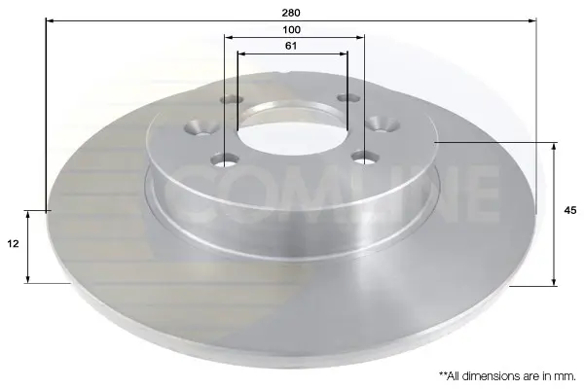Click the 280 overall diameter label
(291, 13)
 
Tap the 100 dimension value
(291, 30)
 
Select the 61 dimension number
(291, 46)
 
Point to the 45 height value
(570, 210)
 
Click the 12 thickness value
(13, 244)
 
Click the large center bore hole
(292, 128)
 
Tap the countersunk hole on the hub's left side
(201, 126)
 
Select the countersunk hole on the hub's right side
(383, 124)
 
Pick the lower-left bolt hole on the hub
(225, 160)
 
